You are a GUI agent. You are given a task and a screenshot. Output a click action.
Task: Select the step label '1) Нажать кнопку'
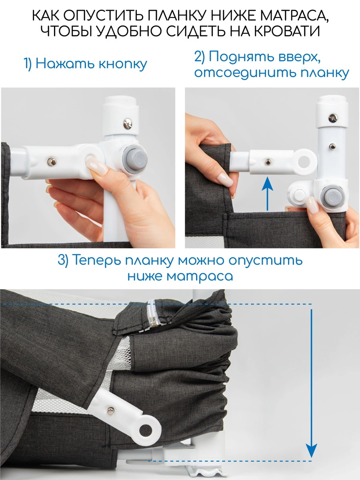pyautogui.click(x=85, y=64)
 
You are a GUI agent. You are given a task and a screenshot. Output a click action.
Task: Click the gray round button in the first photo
pyautogui.click(x=136, y=159)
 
